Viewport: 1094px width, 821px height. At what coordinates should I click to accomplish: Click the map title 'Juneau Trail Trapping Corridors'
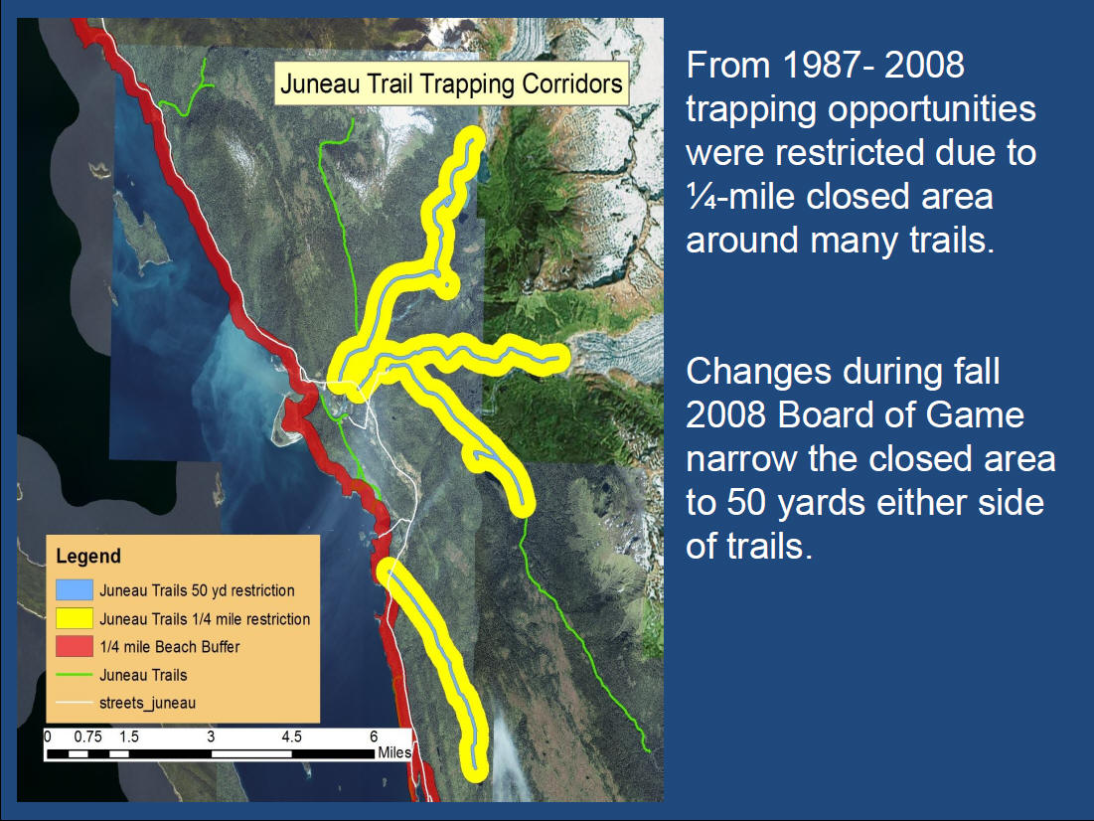tap(451, 83)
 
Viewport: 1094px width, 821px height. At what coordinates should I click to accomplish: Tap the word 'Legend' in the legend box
tap(88, 557)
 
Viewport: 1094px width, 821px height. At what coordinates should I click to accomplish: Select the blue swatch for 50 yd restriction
tap(74, 590)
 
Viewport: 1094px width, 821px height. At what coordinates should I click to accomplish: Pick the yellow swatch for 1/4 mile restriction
tap(74, 618)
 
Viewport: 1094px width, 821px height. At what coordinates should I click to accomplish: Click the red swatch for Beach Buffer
tap(74, 646)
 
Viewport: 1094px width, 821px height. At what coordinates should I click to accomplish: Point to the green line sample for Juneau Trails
tap(74, 675)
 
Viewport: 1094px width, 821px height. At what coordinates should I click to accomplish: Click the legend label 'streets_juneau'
tap(147, 703)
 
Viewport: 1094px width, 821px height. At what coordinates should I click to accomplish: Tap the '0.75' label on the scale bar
tap(87, 737)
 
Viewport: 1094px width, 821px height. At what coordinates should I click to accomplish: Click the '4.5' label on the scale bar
tap(292, 737)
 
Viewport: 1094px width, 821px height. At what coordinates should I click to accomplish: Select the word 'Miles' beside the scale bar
tap(394, 752)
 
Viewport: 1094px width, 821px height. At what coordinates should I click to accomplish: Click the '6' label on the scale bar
tap(374, 737)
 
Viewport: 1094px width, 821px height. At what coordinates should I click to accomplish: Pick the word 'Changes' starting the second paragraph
tap(758, 373)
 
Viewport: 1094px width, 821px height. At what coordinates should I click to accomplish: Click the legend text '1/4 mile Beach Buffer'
tap(170, 647)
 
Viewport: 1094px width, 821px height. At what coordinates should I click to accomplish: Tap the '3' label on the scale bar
tap(211, 737)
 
